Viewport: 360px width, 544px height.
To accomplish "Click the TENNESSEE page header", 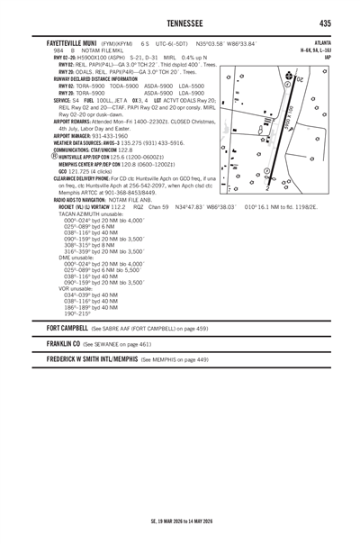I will click(x=179, y=23).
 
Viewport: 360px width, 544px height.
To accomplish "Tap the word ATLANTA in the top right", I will click(x=319, y=42).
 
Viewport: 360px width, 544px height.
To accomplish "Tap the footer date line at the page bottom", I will click(x=179, y=521).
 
